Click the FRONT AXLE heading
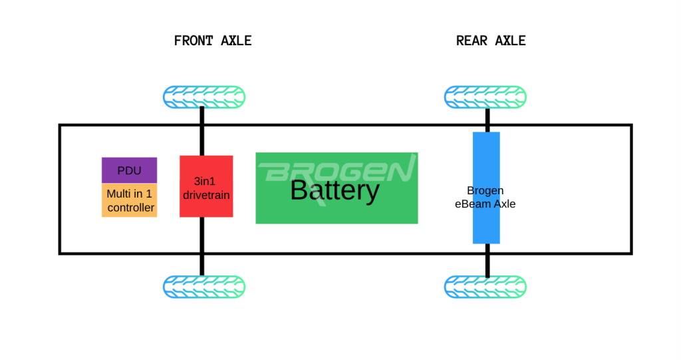[x=213, y=41]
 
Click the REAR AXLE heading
[x=491, y=41]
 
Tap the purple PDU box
[x=130, y=170]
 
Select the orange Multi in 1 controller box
[x=130, y=200]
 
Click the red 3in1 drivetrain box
[x=206, y=186]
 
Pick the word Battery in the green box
[x=335, y=190]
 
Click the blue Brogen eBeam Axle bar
[x=486, y=188]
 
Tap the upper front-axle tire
[x=204, y=97]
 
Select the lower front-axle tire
[x=204, y=287]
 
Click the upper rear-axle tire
[x=485, y=97]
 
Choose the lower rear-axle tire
[x=485, y=287]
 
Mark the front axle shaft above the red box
[x=202, y=131]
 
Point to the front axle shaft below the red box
[x=202, y=246]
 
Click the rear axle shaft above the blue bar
[x=487, y=120]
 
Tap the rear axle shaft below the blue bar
[x=487, y=260]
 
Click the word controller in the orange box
[x=131, y=208]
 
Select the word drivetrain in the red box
[x=206, y=195]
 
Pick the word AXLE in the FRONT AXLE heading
[x=236, y=41]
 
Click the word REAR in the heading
[x=472, y=41]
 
